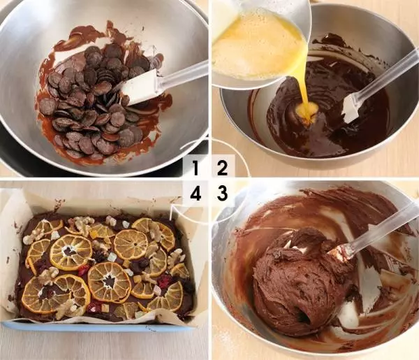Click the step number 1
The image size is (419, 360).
[x=196, y=168]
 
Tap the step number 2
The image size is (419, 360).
[x=222, y=168]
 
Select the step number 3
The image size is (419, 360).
[x=222, y=194]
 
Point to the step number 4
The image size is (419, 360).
[x=196, y=194]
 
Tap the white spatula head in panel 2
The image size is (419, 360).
[x=351, y=108]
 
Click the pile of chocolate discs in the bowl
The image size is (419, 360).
[x=96, y=100]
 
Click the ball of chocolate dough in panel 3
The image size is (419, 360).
[x=297, y=281]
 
